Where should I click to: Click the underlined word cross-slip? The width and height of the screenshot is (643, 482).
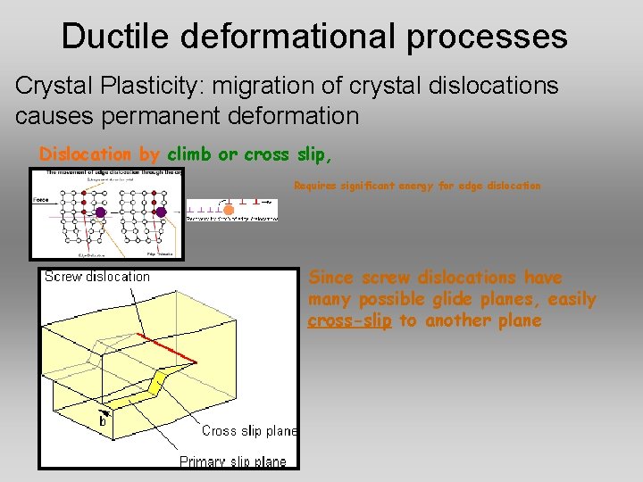349,320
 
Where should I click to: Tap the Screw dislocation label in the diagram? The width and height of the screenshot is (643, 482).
97,277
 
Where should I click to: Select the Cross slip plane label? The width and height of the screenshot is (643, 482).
249,430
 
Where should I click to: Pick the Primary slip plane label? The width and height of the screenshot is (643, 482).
233,461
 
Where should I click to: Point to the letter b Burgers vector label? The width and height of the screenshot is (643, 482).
103,420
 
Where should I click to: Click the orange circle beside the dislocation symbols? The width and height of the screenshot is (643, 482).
229,210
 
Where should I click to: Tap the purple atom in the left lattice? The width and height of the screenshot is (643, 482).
100,212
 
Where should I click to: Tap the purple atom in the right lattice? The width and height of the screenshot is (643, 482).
161,212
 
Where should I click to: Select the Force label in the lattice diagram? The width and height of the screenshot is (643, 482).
40,199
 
